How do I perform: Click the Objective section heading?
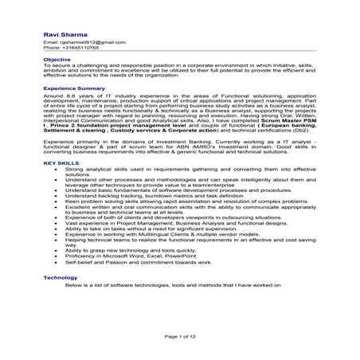(x=57, y=60)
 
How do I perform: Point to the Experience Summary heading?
(x=74, y=88)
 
